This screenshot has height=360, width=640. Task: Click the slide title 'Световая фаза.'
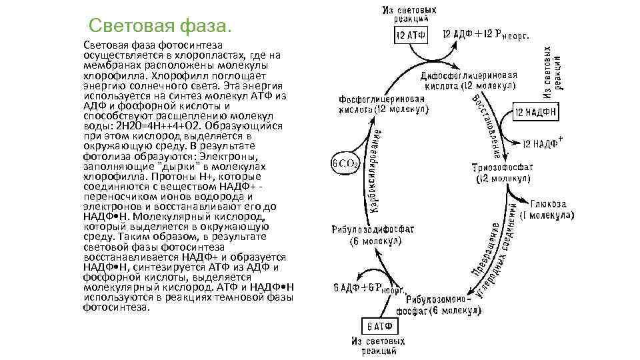161,27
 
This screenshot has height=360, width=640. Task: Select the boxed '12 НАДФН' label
536,113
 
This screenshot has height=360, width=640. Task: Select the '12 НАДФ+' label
542,143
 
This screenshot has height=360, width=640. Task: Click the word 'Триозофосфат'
502,167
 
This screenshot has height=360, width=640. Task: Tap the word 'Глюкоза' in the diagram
547,204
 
